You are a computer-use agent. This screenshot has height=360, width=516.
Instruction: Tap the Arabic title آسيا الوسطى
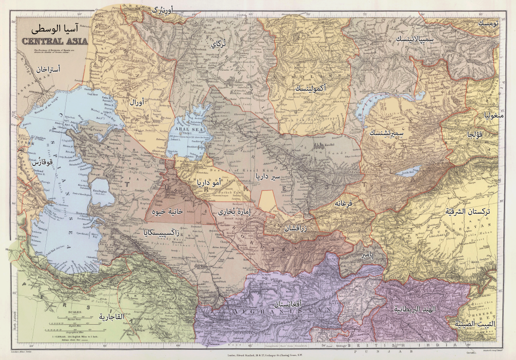[57, 29]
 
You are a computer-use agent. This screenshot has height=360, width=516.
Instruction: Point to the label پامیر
[366, 256]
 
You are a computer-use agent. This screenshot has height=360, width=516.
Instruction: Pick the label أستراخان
[49, 69]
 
